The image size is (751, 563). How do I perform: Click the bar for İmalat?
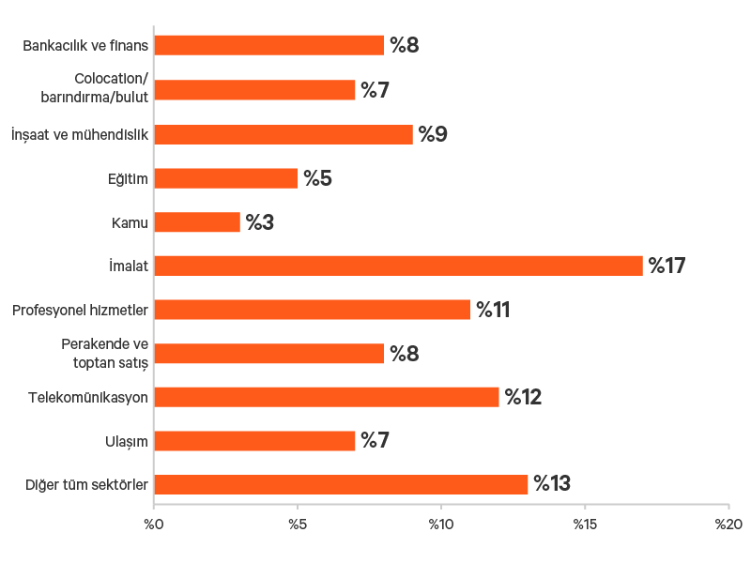pos(398,266)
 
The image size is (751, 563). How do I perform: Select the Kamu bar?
pos(197,222)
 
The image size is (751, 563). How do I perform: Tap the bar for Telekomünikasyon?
pos(327,397)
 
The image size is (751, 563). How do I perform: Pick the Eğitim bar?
pos(225,178)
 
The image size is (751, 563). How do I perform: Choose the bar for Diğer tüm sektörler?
pos(341,484)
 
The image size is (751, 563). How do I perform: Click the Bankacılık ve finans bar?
pos(268,45)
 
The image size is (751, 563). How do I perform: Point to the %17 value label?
pos(667,266)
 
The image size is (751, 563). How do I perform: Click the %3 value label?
pos(260,222)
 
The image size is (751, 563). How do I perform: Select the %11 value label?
pos(492,310)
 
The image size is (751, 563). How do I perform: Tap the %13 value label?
pos(552,484)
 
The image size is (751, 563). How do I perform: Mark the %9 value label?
pos(433,134)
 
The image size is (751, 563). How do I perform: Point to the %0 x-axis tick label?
pos(153,523)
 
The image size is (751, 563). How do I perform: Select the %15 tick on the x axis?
pos(584,523)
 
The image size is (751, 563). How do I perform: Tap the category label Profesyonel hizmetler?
pos(80,310)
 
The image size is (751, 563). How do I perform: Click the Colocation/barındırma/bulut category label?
pos(102,89)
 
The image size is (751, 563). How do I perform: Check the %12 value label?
pos(523,397)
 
